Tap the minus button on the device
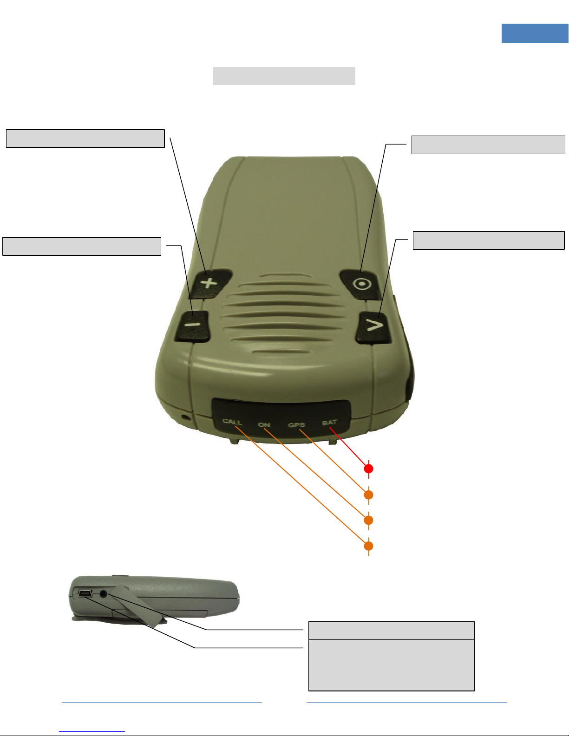(192, 326)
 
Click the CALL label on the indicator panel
(232, 422)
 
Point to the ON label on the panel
(264, 424)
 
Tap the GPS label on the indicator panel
(296, 425)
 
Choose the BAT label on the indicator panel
(329, 423)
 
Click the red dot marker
(368, 469)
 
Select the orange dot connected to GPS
(368, 495)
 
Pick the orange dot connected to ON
(368, 520)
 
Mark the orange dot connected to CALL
(368, 546)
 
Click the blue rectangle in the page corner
(535, 33)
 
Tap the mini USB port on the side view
(85, 593)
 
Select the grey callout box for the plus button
(85, 138)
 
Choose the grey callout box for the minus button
(82, 246)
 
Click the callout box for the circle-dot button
(488, 145)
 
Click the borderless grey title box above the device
(284, 76)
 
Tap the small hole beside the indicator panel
(185, 416)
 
